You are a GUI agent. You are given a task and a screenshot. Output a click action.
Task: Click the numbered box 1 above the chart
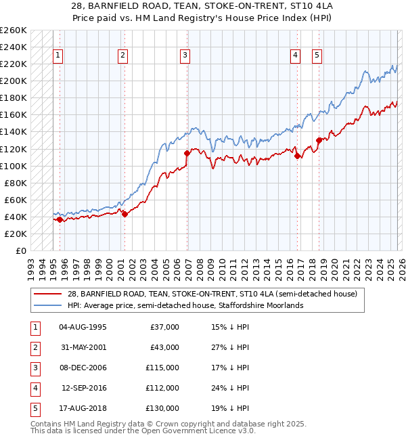(x=58, y=56)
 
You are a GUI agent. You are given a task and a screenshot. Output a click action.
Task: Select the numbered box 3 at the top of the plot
(x=185, y=56)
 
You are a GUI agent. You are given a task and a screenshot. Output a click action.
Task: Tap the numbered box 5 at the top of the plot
(x=317, y=56)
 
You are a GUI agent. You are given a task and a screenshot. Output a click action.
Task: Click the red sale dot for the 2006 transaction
(x=187, y=153)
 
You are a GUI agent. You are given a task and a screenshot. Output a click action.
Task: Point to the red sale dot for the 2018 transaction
(x=319, y=140)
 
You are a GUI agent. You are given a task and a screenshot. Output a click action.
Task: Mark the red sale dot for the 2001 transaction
(x=125, y=214)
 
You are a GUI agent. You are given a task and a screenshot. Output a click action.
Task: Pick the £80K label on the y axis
(x=16, y=183)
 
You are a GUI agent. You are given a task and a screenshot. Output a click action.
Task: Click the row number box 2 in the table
(x=35, y=347)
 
